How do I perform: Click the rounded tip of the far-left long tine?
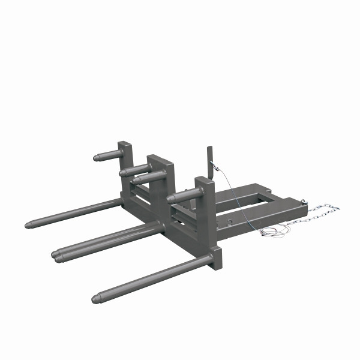28,226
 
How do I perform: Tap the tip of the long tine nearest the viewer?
96,298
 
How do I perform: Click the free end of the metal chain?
337,209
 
